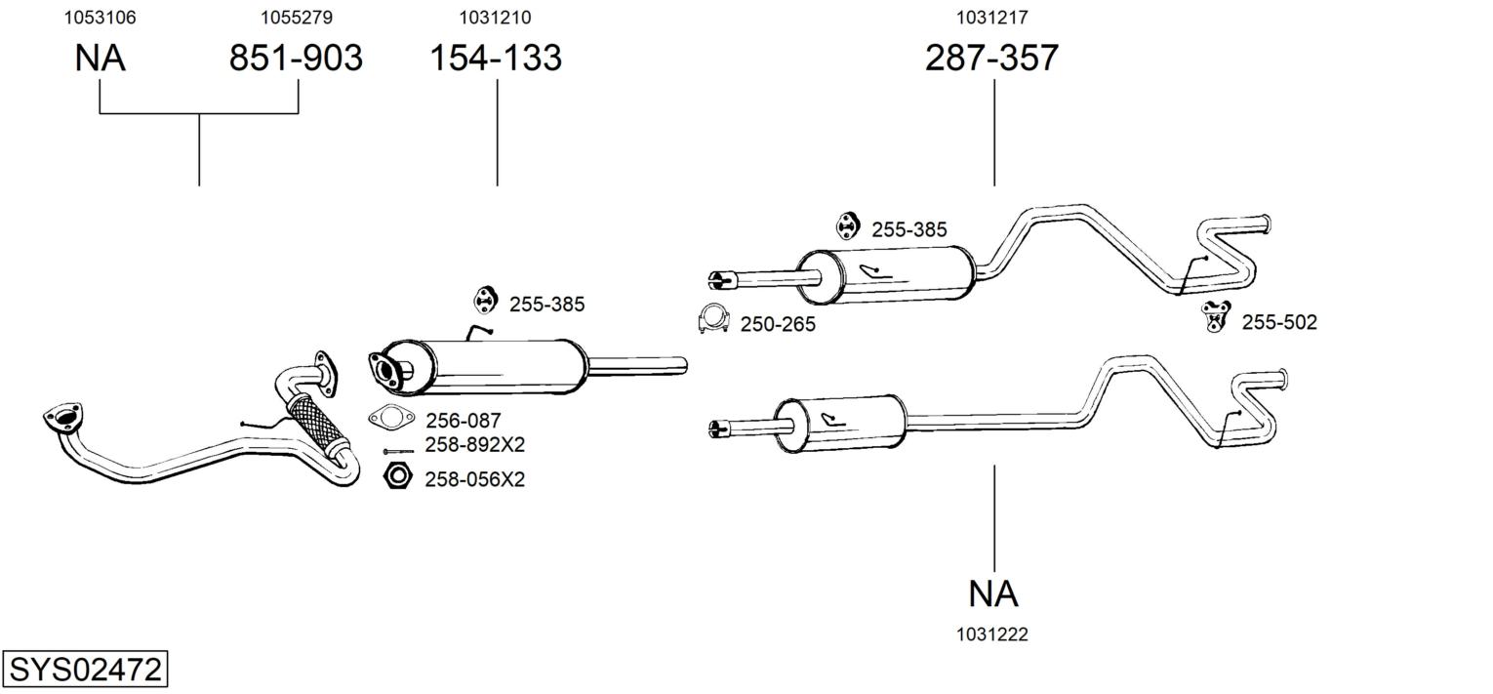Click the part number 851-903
pyautogui.click(x=296, y=59)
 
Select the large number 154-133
pyautogui.click(x=496, y=59)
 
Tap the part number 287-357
pyautogui.click(x=991, y=59)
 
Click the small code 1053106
pyautogui.click(x=100, y=18)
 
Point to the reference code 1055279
pyautogui.click(x=297, y=18)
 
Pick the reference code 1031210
pyautogui.click(x=496, y=18)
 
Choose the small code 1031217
pyautogui.click(x=991, y=18)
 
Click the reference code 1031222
pyautogui.click(x=992, y=634)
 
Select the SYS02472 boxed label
pyautogui.click(x=85, y=671)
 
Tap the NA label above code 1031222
pyautogui.click(x=993, y=593)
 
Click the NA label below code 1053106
pyautogui.click(x=100, y=59)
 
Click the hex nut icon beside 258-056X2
pyautogui.click(x=397, y=476)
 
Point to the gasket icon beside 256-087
pyautogui.click(x=390, y=418)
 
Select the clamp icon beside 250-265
pyautogui.click(x=715, y=320)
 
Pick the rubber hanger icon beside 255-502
pyautogui.click(x=1216, y=316)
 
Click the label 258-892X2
pyautogui.click(x=474, y=445)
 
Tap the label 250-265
pyautogui.click(x=778, y=324)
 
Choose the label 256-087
pyautogui.click(x=463, y=421)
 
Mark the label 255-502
pyautogui.click(x=1278, y=322)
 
